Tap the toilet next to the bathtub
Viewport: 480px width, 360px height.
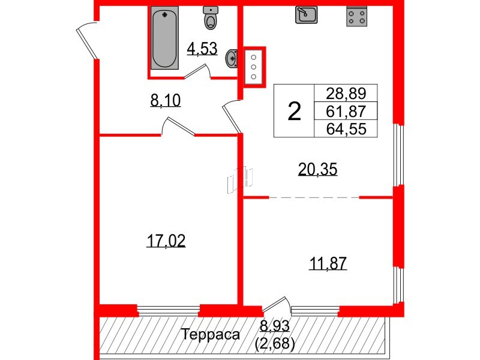pyautogui.click(x=211, y=19)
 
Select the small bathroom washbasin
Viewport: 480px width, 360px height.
pyautogui.click(x=232, y=59)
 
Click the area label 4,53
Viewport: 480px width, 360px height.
pyautogui.click(x=202, y=49)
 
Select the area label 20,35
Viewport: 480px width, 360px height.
pyautogui.click(x=318, y=170)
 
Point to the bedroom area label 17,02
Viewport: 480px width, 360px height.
pyautogui.click(x=166, y=241)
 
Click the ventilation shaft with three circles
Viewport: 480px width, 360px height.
pyautogui.click(x=253, y=66)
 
